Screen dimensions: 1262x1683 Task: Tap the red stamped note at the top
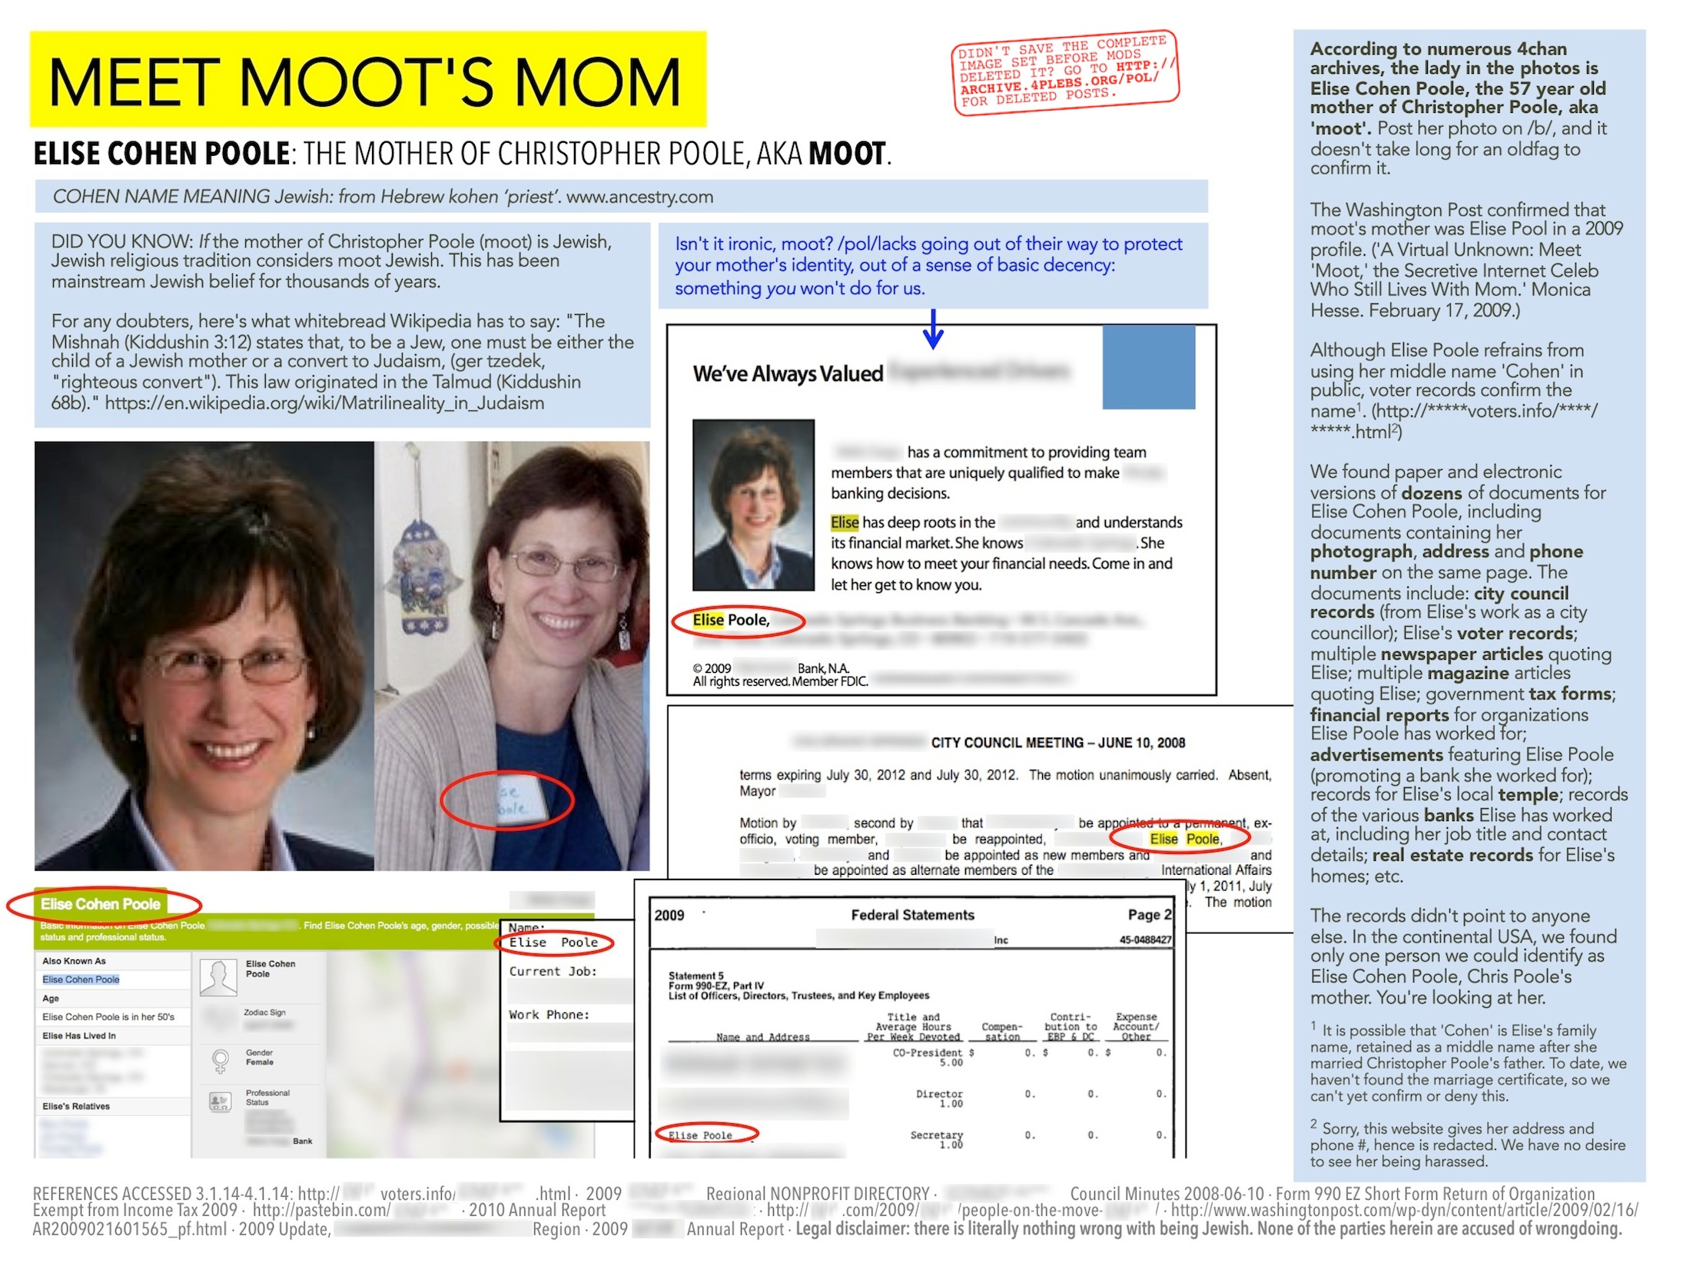(x=1066, y=72)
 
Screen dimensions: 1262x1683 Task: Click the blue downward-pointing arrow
(x=933, y=330)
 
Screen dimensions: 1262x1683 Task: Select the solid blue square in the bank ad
(x=1148, y=367)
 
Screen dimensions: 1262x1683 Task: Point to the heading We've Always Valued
(x=788, y=374)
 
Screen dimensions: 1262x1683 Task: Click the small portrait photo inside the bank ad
(x=753, y=505)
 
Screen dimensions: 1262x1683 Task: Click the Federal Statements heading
(x=912, y=915)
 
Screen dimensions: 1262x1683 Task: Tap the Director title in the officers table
(x=939, y=1094)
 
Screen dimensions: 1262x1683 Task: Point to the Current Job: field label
(x=553, y=972)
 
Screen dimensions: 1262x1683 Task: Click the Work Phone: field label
(x=549, y=1015)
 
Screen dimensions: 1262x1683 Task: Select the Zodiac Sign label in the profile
(x=264, y=1012)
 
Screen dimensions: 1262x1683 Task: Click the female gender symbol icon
(x=221, y=1062)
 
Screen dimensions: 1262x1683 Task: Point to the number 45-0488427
(x=1145, y=939)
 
